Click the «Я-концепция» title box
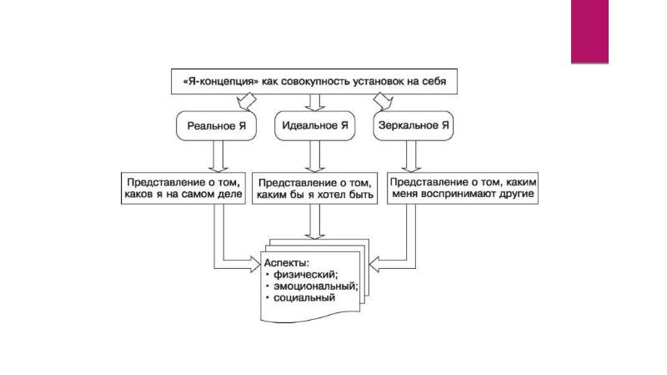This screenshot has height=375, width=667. click(x=314, y=81)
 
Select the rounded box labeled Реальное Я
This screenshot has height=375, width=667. click(x=217, y=126)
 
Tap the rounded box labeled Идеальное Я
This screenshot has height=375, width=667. click(x=315, y=126)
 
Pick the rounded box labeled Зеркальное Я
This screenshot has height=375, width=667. click(x=414, y=126)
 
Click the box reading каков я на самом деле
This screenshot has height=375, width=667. click(x=183, y=189)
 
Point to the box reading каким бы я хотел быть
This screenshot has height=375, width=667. click(x=315, y=189)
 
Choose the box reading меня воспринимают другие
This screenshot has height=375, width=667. click(x=463, y=189)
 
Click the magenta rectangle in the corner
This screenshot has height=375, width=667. click(x=589, y=32)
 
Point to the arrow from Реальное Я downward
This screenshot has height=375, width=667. click(x=218, y=156)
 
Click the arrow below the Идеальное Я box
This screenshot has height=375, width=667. click(x=315, y=156)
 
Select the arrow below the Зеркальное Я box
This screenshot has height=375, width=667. click(x=411, y=156)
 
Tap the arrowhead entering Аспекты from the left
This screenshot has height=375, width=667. click(x=255, y=264)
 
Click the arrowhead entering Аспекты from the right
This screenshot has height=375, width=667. click(x=374, y=264)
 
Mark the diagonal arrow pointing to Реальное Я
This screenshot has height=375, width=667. click(x=247, y=101)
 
